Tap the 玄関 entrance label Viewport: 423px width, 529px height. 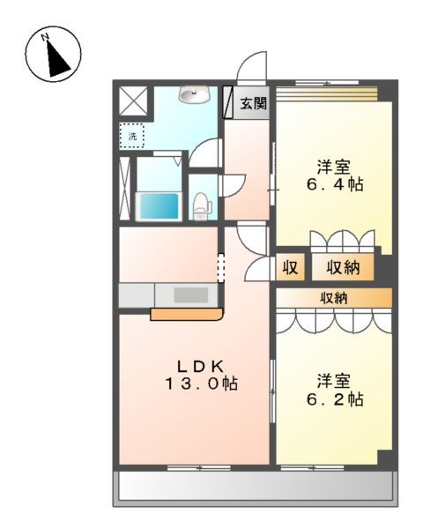pyautogui.click(x=254, y=103)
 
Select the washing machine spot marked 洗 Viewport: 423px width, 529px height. pyautogui.click(x=132, y=135)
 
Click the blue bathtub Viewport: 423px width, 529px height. pyautogui.click(x=159, y=205)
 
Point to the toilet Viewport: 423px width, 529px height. pyautogui.click(x=202, y=205)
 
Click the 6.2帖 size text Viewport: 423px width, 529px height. pyautogui.click(x=335, y=399)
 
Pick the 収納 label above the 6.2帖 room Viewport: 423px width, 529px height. pyautogui.click(x=333, y=298)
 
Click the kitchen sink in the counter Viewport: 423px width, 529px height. pyautogui.click(x=189, y=294)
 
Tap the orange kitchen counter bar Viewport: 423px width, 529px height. pyautogui.click(x=185, y=313)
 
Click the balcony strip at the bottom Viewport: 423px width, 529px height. pyautogui.click(x=256, y=486)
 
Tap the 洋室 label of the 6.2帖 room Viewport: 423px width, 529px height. pyautogui.click(x=335, y=380)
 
